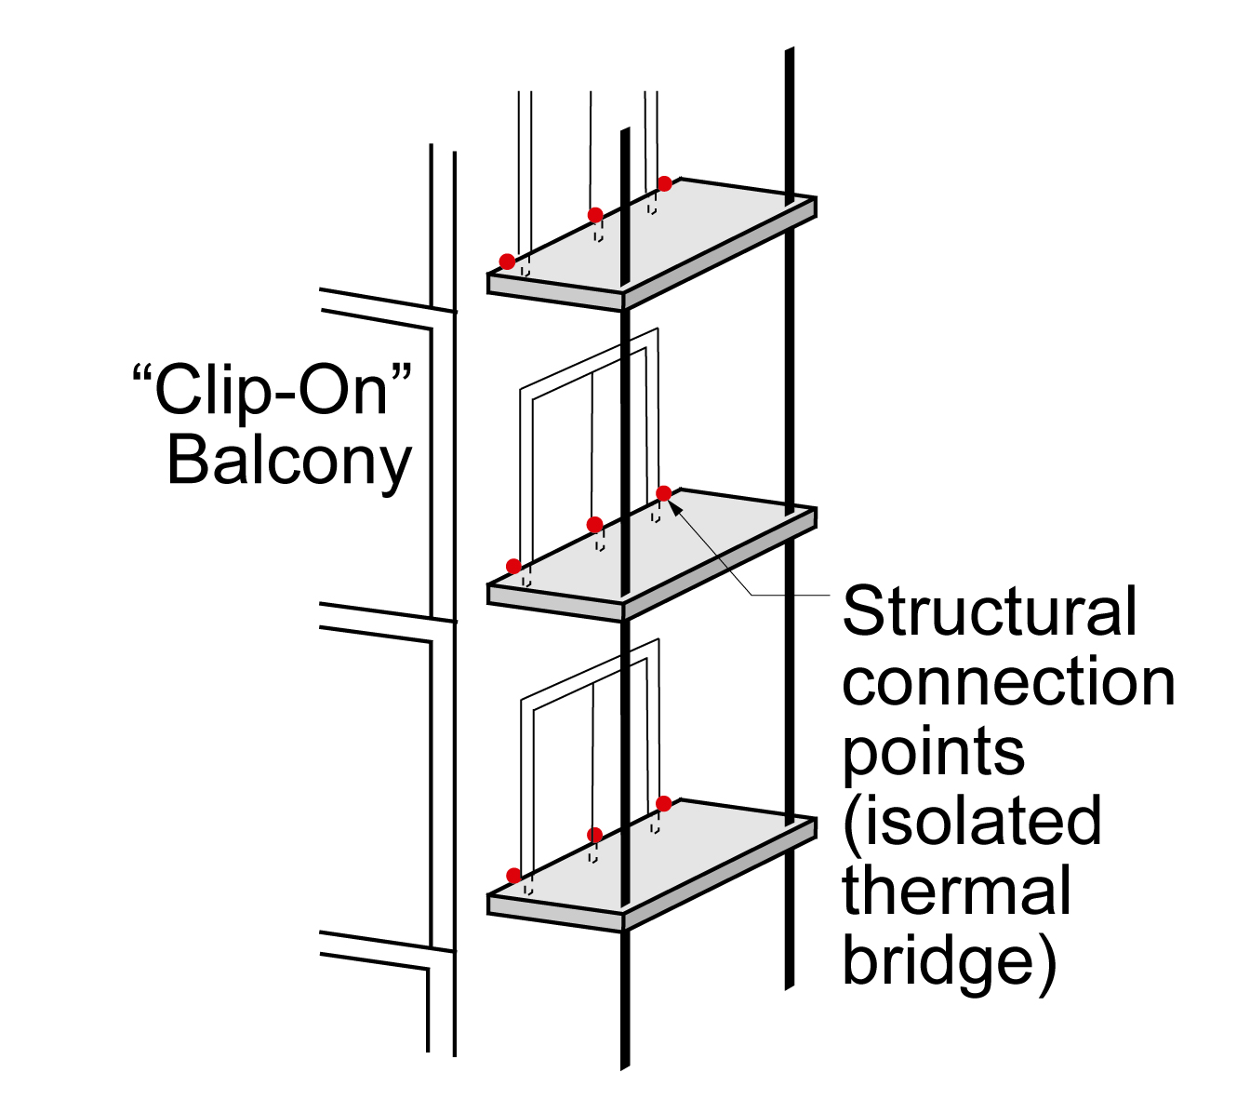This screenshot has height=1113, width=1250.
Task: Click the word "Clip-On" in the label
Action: pyautogui.click(x=273, y=392)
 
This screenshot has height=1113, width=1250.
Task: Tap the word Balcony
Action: pyautogui.click(x=289, y=463)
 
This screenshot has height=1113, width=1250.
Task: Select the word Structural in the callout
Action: pyautogui.click(x=989, y=610)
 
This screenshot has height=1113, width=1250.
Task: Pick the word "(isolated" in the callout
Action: pyautogui.click(x=972, y=822)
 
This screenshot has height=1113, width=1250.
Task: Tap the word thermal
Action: pyautogui.click(x=956, y=890)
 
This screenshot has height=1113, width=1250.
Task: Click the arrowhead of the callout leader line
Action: pyautogui.click(x=674, y=507)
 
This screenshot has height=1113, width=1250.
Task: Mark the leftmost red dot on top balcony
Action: pyautogui.click(x=507, y=261)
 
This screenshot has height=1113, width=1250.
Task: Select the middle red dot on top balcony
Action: pyautogui.click(x=594, y=216)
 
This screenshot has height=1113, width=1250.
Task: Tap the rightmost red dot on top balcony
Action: pyautogui.click(x=664, y=183)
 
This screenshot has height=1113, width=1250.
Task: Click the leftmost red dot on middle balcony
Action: pyautogui.click(x=513, y=566)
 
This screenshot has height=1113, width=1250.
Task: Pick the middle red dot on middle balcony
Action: pyautogui.click(x=594, y=525)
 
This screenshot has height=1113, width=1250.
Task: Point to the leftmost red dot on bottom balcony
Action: pyautogui.click(x=513, y=876)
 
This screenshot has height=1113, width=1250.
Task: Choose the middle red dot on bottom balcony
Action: pyautogui.click(x=594, y=835)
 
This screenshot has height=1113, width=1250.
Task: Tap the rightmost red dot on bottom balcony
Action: pyautogui.click(x=663, y=804)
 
